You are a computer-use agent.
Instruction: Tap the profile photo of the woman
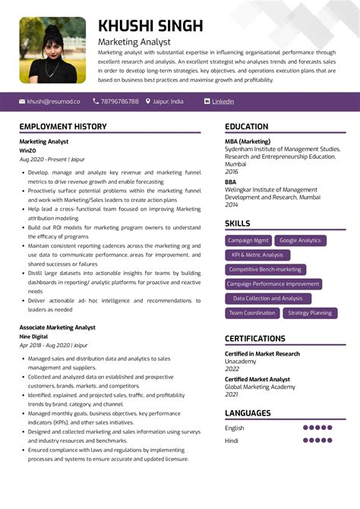click(x=52, y=50)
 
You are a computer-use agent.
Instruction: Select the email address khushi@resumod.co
click(x=53, y=101)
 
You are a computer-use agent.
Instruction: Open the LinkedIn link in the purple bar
click(x=223, y=101)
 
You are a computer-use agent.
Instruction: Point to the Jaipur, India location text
click(x=168, y=101)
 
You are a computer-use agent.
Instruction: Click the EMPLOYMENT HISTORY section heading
click(x=63, y=126)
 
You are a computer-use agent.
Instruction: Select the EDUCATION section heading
click(x=246, y=126)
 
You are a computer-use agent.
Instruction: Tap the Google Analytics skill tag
click(x=300, y=240)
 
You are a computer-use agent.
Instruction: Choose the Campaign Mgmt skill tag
click(x=248, y=240)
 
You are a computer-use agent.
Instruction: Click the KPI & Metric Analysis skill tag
click(x=257, y=254)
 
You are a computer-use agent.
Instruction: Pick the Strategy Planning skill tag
click(x=310, y=312)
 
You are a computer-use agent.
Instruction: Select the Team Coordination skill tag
click(x=252, y=312)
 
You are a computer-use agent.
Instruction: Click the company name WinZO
click(x=28, y=150)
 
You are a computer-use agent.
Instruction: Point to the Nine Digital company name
click(x=33, y=336)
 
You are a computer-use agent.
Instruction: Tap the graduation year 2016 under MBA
click(x=231, y=172)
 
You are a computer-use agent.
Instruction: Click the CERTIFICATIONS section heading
click(x=255, y=338)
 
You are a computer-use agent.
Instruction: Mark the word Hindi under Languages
click(x=232, y=440)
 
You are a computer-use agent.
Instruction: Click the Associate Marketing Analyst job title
click(x=58, y=327)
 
